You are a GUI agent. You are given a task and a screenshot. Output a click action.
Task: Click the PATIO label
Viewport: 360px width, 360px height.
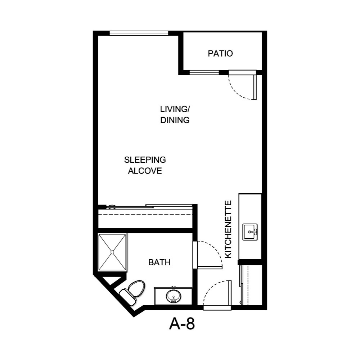tap(220, 54)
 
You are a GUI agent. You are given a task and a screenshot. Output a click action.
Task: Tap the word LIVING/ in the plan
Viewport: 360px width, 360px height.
tap(175, 109)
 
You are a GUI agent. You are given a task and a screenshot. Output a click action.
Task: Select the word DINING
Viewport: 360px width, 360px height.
tap(175, 120)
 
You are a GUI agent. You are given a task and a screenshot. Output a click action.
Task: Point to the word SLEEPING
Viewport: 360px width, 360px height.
tap(145, 159)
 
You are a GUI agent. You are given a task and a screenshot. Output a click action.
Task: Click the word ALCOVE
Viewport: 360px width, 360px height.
tap(145, 171)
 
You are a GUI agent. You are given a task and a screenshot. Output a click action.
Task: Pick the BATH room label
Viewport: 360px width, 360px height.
tap(159, 263)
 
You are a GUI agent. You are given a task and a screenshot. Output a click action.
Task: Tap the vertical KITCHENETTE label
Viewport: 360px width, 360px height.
tap(228, 229)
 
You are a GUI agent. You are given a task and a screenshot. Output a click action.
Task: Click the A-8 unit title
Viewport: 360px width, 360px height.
tap(182, 324)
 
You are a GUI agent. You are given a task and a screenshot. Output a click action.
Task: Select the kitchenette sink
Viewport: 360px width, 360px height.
tap(250, 232)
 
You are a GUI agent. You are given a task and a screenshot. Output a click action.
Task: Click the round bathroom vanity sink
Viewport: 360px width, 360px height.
tap(174, 297)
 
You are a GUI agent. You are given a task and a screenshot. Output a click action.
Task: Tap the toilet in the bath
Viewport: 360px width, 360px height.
tap(133, 290)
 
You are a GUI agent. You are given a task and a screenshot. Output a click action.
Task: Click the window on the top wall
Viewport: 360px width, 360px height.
tap(139, 33)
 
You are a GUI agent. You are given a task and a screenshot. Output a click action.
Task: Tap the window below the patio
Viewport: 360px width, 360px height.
tap(204, 73)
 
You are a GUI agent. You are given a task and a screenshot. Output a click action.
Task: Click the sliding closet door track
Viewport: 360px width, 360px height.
tap(151, 207)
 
